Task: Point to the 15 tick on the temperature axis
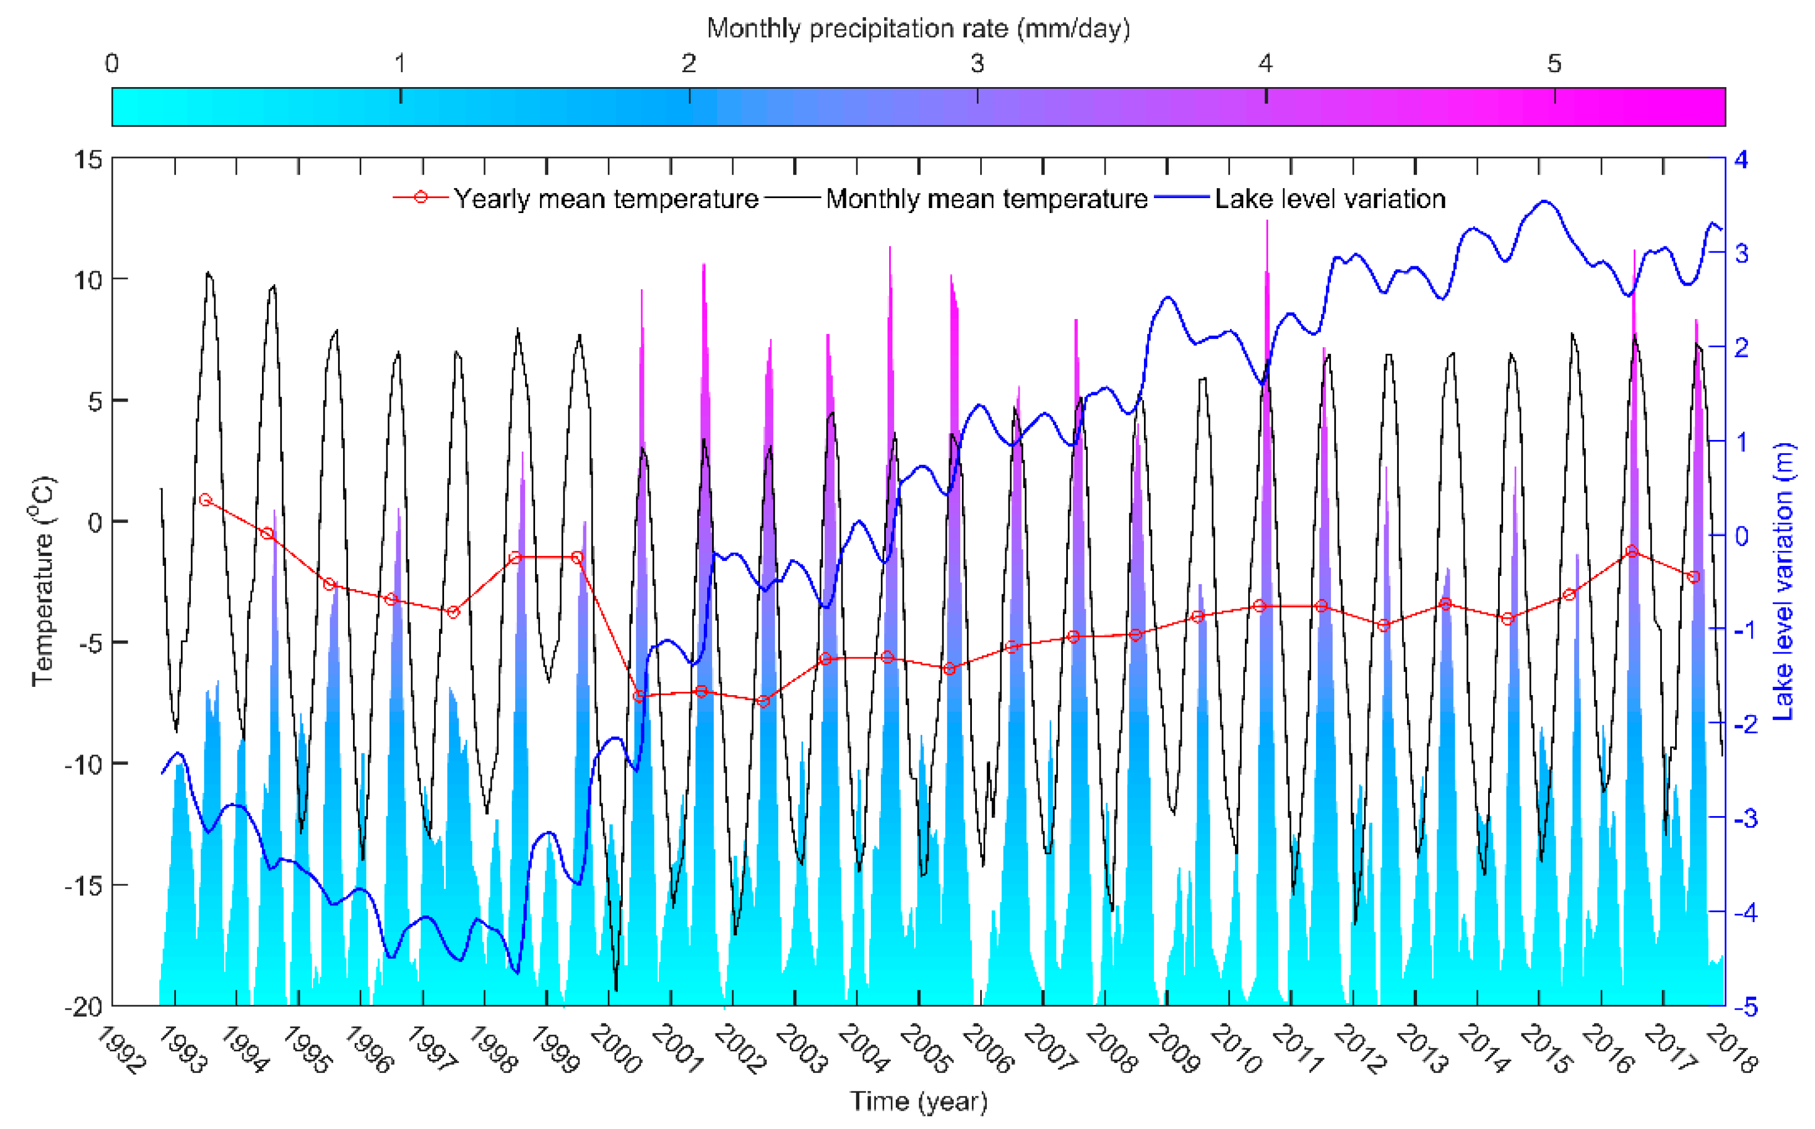pos(88,159)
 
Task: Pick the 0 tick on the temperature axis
pos(95,522)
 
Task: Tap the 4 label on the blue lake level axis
pos(1741,159)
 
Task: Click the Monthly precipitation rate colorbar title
pos(918,28)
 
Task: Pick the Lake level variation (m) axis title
pos(1783,580)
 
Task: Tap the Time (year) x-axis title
pos(918,1101)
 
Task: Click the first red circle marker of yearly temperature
pos(206,499)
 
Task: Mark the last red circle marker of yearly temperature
pos(1693,576)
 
